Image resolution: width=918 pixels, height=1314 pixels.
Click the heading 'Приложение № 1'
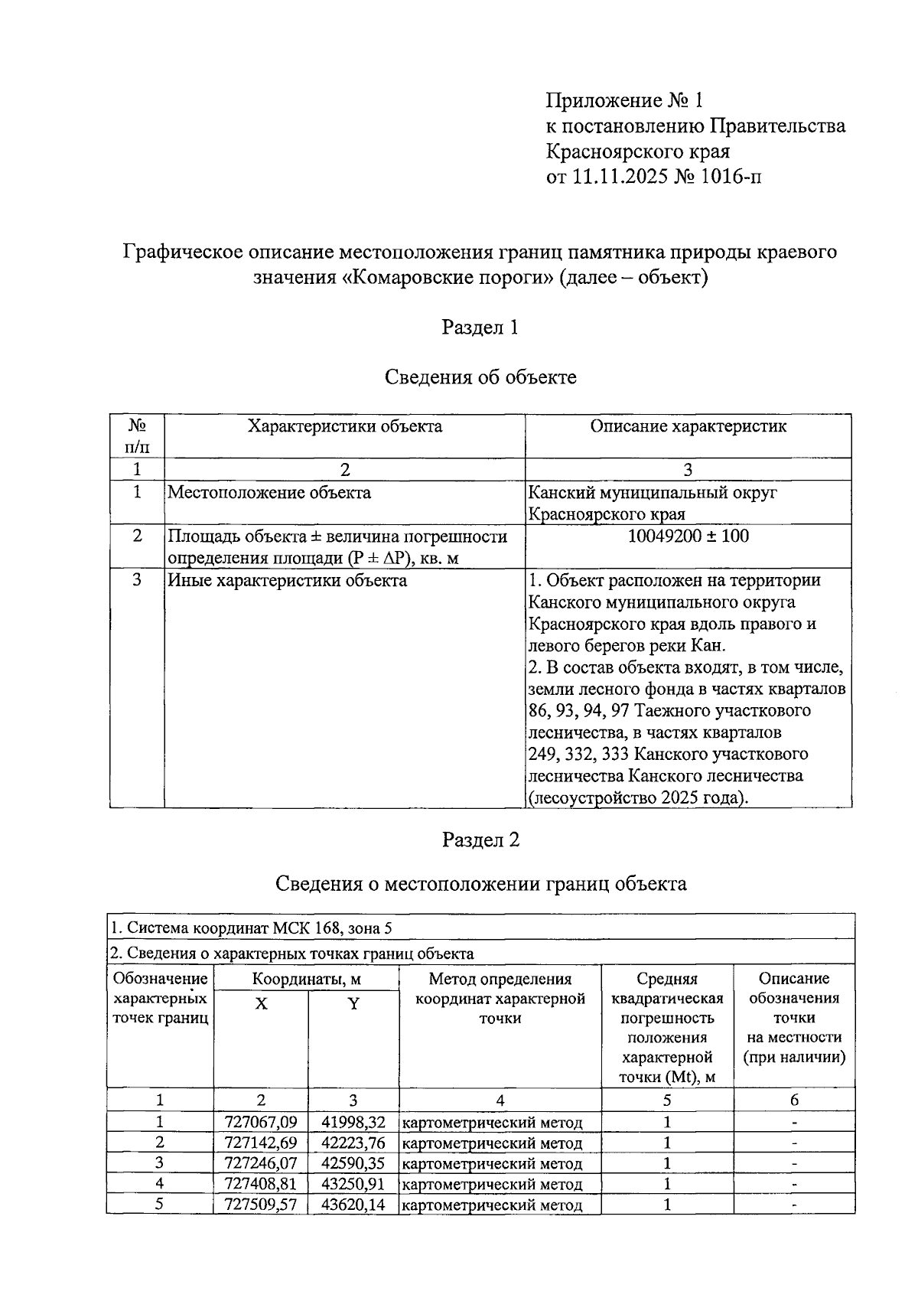[x=623, y=101]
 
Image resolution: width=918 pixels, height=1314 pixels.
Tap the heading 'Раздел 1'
[x=480, y=328]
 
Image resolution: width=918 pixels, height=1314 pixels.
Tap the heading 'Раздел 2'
[x=480, y=840]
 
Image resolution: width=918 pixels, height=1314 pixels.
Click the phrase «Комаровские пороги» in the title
[x=448, y=277]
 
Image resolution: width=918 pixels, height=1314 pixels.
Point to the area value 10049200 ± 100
[x=688, y=536]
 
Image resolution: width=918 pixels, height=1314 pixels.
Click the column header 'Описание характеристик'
[x=688, y=426]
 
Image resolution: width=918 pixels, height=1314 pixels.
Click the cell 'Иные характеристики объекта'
[x=287, y=580]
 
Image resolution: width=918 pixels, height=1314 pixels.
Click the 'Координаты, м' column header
[x=306, y=979]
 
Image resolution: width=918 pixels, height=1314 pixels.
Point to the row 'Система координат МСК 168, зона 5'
[x=252, y=928]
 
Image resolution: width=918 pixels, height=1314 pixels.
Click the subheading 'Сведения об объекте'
[x=480, y=377]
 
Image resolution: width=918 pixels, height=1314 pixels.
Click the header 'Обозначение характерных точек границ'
[x=160, y=998]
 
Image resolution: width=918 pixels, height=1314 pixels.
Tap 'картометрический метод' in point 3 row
[x=492, y=1164]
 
